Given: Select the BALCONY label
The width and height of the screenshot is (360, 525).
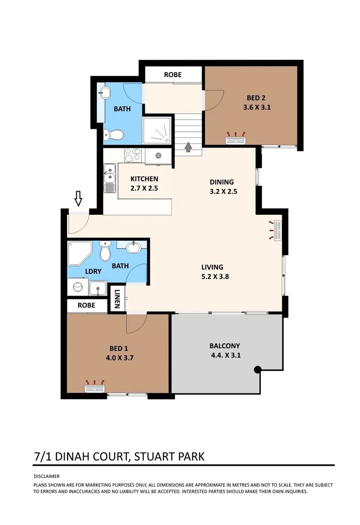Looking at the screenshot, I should pos(224,346).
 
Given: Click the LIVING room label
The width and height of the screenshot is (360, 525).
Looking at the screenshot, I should pos(212,267).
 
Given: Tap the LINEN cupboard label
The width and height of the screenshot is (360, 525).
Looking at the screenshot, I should pos(117,299).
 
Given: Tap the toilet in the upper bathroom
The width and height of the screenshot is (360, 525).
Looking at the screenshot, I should pos(111,135).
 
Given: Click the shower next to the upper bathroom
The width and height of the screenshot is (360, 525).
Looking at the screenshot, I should pos(157,130).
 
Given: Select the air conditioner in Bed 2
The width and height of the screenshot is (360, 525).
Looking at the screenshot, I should pos(237,140).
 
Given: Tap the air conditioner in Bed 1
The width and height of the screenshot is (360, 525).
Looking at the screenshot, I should pos(95,388).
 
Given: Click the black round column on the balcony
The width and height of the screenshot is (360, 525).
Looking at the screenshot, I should pos(258,370).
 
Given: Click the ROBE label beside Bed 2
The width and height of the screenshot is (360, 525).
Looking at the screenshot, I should pos(172,74).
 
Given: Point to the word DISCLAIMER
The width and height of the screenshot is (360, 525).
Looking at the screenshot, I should pos(47,476).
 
